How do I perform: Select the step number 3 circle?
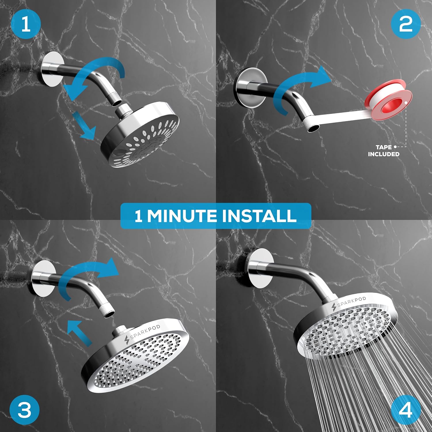[24, 409]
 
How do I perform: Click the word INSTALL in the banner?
[259, 216]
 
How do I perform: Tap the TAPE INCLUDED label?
[384, 151]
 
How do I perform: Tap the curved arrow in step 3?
[86, 276]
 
